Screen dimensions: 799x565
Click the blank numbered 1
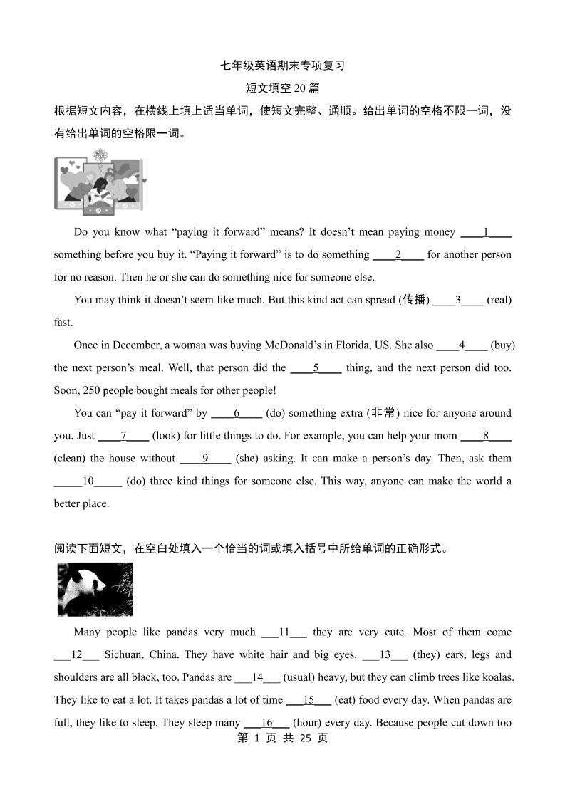[486, 232]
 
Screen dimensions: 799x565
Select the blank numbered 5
[316, 368]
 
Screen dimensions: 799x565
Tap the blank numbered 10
[88, 481]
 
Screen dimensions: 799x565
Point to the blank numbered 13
[385, 655]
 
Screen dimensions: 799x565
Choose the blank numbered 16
[267, 723]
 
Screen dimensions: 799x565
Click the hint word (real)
[499, 300]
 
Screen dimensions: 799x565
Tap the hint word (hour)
[311, 723]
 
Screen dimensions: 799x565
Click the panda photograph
[95, 589]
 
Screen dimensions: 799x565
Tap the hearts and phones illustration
[99, 183]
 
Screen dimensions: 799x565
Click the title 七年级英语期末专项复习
[282, 66]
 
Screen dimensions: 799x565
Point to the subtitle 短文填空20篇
[282, 88]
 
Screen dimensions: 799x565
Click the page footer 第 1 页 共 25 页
[282, 738]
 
